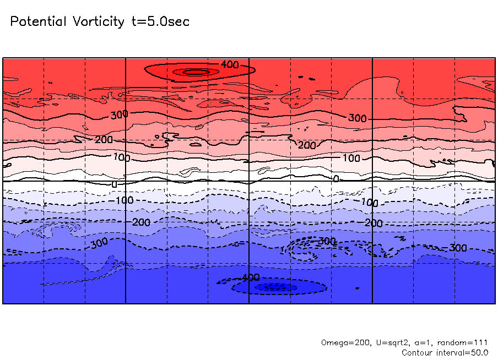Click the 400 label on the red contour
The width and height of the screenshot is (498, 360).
(x=230, y=65)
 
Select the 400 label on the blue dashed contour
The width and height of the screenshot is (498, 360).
(x=251, y=277)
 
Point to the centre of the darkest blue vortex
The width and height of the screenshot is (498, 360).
(x=273, y=287)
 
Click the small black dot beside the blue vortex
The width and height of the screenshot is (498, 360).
(x=357, y=288)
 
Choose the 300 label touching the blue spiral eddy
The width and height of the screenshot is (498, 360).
(x=327, y=241)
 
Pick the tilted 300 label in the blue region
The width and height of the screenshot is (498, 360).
(x=99, y=243)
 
